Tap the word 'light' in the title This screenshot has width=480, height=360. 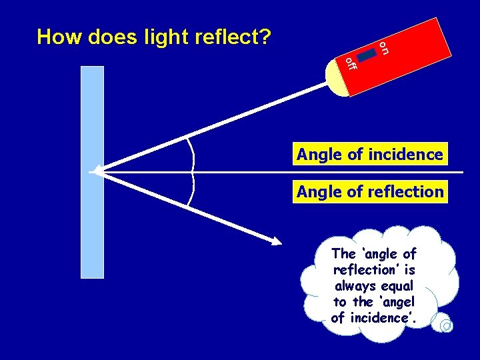(x=166, y=37)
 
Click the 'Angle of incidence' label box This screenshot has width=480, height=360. (x=370, y=155)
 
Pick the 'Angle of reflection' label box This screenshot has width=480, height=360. (x=370, y=192)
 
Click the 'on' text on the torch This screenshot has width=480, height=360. (x=384, y=47)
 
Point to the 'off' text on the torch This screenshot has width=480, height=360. (x=351, y=64)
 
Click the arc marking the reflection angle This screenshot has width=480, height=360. (x=191, y=189)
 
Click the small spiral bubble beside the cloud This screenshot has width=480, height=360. (x=446, y=325)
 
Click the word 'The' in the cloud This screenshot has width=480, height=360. (x=344, y=254)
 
